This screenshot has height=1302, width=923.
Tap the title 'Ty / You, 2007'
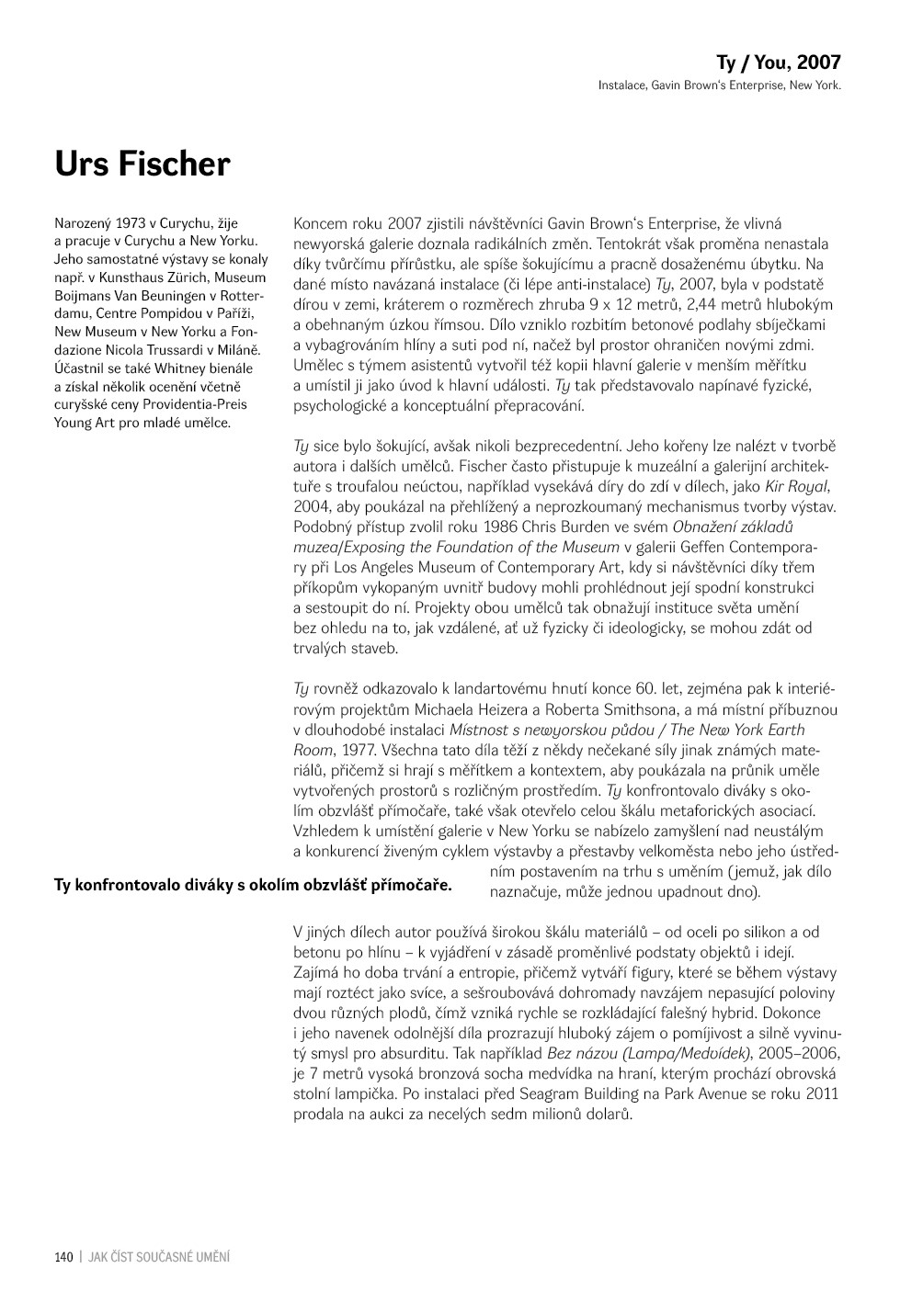click(778, 62)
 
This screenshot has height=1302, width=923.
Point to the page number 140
click(63, 1257)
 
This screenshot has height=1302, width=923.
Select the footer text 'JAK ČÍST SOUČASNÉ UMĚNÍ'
click(159, 1257)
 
